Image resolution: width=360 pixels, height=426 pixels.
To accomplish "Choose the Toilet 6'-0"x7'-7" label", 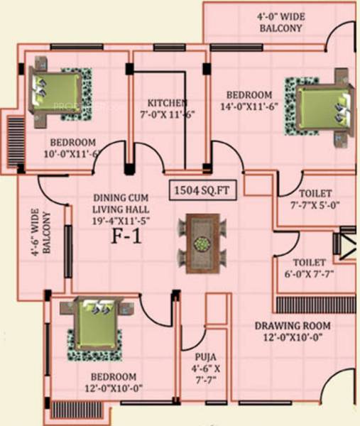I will coord(310,268).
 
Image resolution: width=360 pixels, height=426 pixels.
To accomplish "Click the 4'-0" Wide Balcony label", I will coord(280,22).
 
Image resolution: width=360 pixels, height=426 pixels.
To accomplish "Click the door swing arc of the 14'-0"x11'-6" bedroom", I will coord(226,158).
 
